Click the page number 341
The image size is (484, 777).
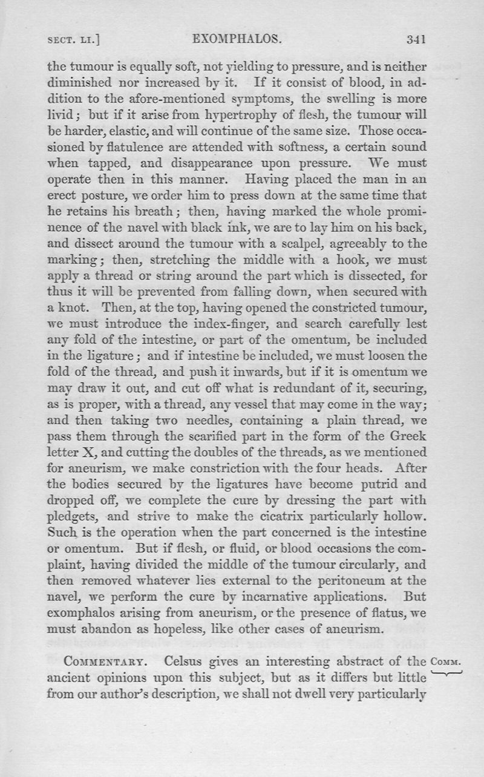pyautogui.click(x=417, y=41)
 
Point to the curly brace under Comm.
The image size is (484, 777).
pyautogui.click(x=448, y=671)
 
